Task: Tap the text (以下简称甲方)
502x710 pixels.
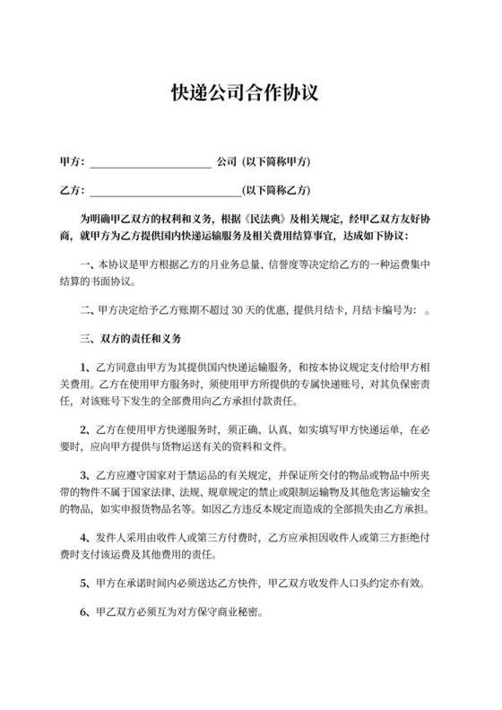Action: pos(276,162)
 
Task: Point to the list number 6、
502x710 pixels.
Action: pos(85,616)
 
